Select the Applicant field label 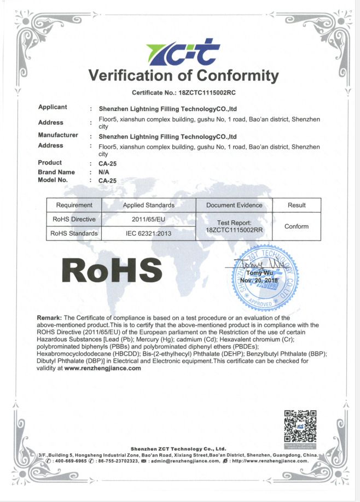point(53,107)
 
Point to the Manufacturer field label point(58,135)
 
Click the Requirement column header point(74,205)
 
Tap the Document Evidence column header point(234,205)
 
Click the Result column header point(297,205)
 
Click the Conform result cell point(297,226)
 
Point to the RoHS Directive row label point(74,219)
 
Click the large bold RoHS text point(112,270)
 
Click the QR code point(300,425)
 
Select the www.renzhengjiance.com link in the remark point(103,368)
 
